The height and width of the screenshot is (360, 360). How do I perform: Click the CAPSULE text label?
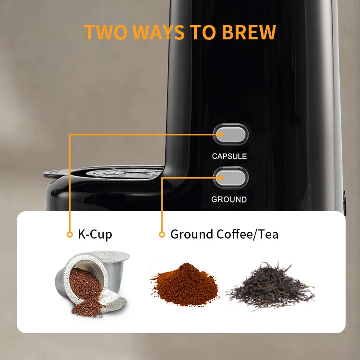[229, 156]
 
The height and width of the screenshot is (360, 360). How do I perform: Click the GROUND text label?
[229, 199]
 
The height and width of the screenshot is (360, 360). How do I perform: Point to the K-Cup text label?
[95, 235]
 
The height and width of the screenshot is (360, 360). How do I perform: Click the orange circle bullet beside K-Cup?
[70, 235]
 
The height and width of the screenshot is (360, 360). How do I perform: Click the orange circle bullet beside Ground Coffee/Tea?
[162, 235]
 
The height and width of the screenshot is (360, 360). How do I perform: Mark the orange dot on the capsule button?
[221, 135]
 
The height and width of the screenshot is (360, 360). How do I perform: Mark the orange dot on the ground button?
[221, 178]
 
